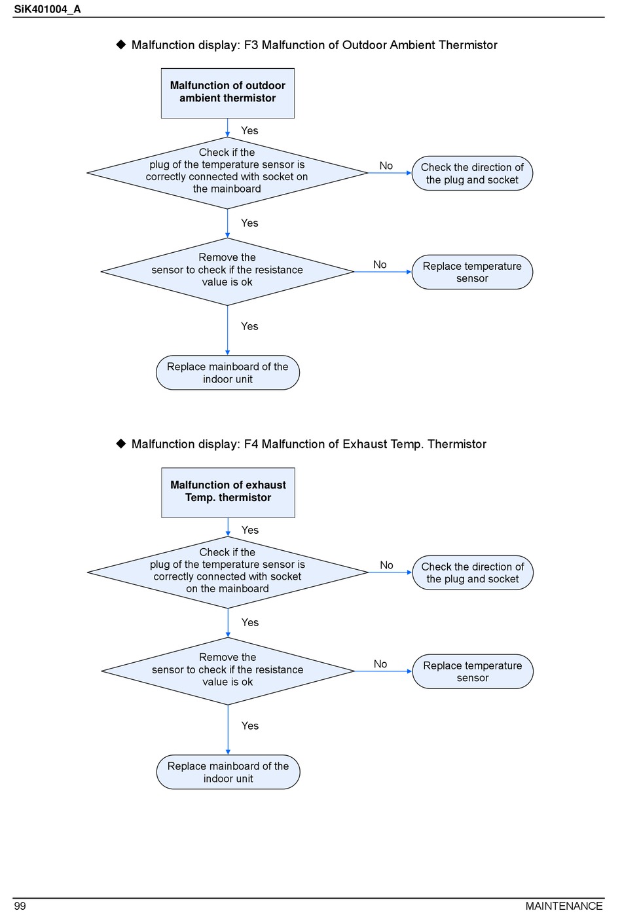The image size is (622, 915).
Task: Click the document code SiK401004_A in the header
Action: [x=47, y=9]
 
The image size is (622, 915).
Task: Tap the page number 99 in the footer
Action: [x=20, y=906]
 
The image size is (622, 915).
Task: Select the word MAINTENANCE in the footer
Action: [x=564, y=906]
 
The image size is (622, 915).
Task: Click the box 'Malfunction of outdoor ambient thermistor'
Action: [x=227, y=93]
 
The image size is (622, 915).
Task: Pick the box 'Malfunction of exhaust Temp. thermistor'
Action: [x=228, y=493]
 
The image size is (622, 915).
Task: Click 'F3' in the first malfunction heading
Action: [x=251, y=45]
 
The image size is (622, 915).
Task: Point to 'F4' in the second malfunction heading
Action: [x=251, y=444]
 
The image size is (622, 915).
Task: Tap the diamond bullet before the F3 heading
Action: [x=121, y=45]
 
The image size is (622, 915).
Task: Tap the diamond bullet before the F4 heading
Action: [x=121, y=443]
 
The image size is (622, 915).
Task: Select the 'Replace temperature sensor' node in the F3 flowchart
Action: [x=472, y=272]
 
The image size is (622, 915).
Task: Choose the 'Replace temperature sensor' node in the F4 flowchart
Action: [x=473, y=671]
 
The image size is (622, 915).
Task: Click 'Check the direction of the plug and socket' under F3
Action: [x=472, y=173]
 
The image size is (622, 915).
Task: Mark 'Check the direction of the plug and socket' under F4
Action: [x=473, y=572]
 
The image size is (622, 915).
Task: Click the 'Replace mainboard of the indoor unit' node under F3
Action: [x=227, y=373]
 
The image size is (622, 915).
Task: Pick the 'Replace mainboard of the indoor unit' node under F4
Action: [x=228, y=772]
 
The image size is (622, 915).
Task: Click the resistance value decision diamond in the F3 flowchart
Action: [x=227, y=272]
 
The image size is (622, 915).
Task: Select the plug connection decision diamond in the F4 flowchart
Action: [x=228, y=572]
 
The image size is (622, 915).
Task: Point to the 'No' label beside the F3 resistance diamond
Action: [x=380, y=265]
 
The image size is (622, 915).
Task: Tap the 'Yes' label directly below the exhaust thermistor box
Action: [x=250, y=531]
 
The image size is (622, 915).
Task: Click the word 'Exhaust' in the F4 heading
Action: [x=365, y=444]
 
